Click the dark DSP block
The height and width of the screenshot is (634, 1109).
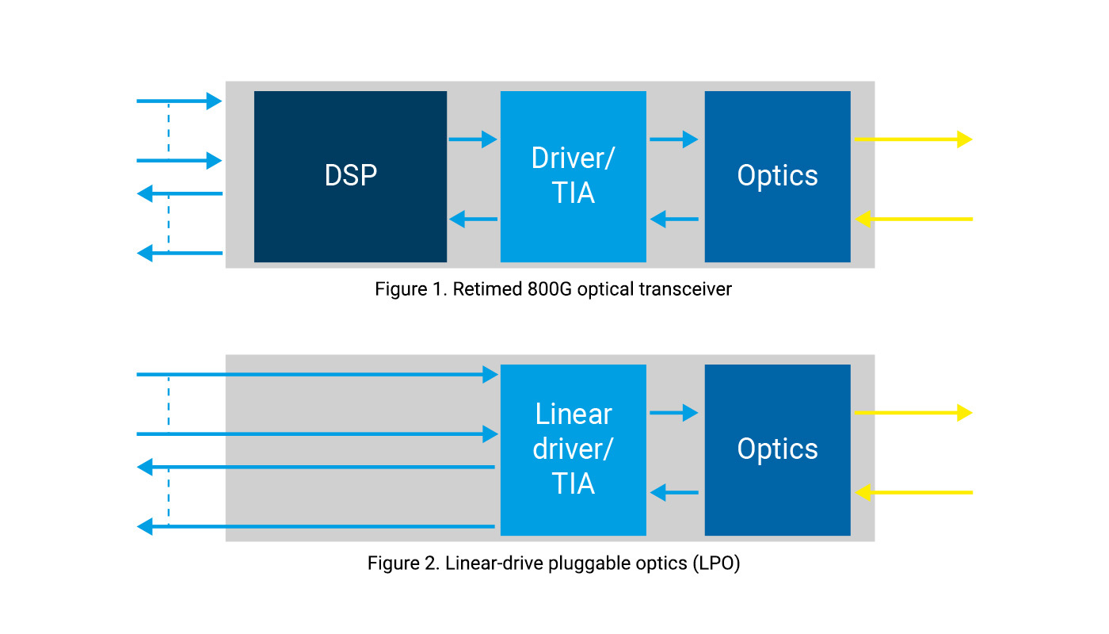click(350, 176)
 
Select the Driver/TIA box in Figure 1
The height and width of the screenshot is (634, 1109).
click(573, 176)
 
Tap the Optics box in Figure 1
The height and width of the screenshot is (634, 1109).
click(777, 176)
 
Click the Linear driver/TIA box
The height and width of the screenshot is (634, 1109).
click(573, 449)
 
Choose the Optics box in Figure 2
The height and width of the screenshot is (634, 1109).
click(777, 449)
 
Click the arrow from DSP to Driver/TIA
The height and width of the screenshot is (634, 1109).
click(473, 139)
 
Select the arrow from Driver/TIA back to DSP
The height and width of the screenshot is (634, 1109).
click(473, 219)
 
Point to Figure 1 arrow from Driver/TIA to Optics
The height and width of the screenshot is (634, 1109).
click(674, 139)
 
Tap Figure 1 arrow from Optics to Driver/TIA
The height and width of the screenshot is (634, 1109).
click(674, 219)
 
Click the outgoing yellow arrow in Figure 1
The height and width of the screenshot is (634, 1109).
click(913, 139)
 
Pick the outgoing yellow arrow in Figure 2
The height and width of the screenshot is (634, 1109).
click(913, 413)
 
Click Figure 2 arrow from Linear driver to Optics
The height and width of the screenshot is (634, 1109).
click(674, 413)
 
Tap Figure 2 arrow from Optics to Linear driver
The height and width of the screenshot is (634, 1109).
click(674, 493)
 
